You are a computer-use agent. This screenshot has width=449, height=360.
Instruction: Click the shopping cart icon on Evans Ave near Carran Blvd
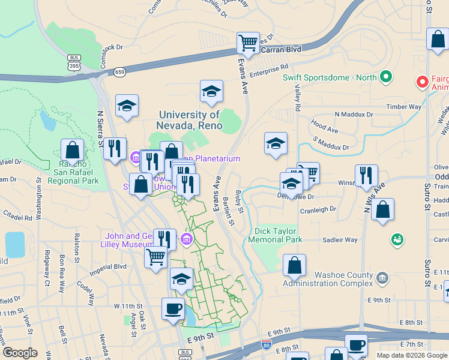[248, 43]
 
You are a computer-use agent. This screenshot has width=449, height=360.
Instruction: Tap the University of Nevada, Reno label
[190, 120]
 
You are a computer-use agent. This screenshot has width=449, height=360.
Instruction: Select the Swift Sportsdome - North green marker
[385, 77]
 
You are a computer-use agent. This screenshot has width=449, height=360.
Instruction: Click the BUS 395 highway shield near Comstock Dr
[74, 63]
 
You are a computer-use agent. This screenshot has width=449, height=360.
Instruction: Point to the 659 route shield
[120, 71]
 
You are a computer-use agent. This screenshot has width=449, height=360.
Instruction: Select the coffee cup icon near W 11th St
[173, 309]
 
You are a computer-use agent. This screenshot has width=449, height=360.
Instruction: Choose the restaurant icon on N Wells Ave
[366, 175]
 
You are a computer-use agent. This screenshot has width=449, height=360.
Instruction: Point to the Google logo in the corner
[20, 353]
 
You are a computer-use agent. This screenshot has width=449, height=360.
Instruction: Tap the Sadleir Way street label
[340, 240]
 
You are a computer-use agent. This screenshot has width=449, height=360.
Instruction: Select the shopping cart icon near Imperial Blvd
[156, 257]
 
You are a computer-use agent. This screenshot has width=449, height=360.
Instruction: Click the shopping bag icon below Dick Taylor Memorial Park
[294, 265]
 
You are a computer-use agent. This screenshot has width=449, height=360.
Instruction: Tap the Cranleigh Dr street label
[319, 209]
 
